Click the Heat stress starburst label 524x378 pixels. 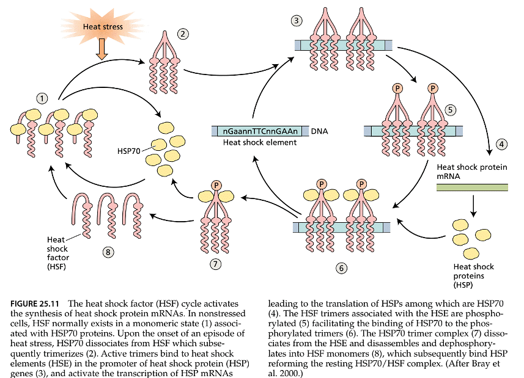(103, 26)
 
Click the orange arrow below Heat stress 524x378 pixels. (102, 52)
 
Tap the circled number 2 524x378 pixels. (182, 35)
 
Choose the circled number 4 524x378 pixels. (501, 145)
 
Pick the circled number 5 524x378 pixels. (450, 110)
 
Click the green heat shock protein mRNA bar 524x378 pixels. (471, 187)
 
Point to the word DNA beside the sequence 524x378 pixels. (320, 131)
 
